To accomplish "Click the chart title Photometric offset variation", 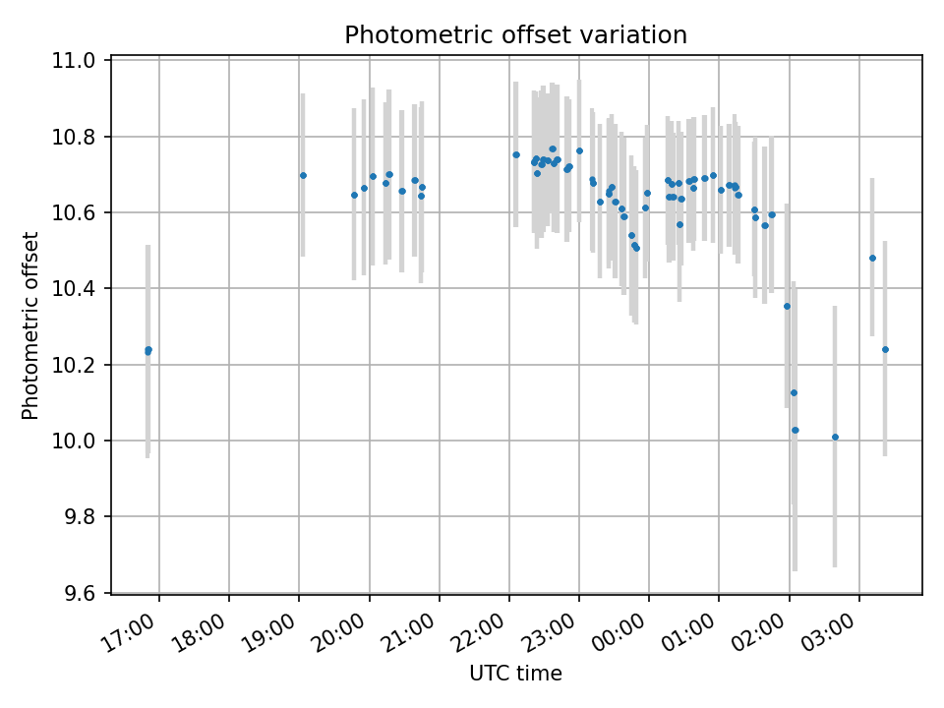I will pos(515,35).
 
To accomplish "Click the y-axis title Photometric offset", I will pos(30,325).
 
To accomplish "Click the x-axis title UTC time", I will pos(515,674).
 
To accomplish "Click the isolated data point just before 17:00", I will pos(147,350).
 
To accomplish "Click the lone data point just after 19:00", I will pos(303,176).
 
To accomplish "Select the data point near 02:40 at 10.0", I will pos(835,437).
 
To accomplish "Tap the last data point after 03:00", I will pos(885,349).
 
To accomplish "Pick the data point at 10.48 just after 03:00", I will pos(872,258).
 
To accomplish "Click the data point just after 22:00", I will pos(515,154).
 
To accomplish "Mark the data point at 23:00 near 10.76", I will pos(579,150).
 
